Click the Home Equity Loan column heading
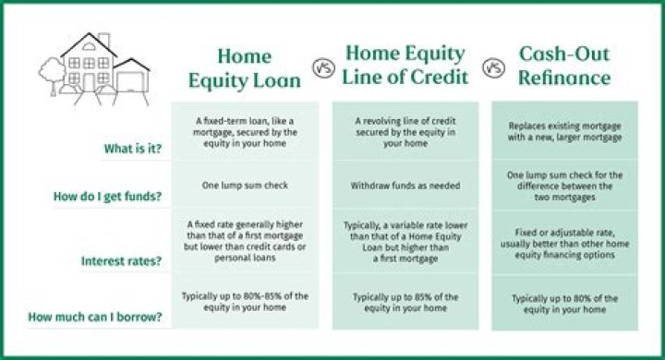point(245,67)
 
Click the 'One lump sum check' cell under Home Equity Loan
point(245,186)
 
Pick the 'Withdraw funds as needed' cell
point(405,186)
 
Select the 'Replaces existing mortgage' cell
point(565,130)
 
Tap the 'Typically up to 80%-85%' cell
point(245,302)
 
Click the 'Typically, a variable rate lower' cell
point(405,242)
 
